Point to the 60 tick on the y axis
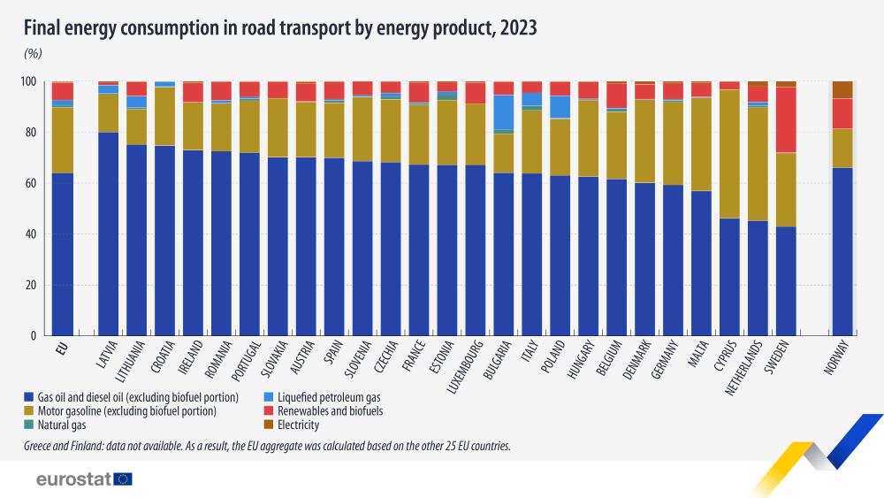click(35, 184)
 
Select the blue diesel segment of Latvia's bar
click(109, 234)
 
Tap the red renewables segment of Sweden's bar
click(786, 119)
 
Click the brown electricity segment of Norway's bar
click(842, 89)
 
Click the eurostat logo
click(84, 479)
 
